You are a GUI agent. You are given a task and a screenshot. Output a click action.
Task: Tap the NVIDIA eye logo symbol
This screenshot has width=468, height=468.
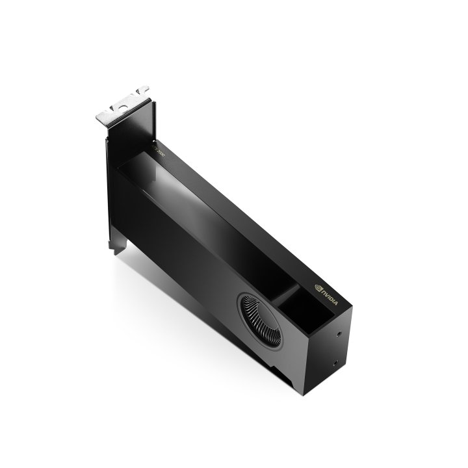(318, 285)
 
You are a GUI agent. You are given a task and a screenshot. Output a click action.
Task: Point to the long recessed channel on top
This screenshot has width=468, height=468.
(208, 214)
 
